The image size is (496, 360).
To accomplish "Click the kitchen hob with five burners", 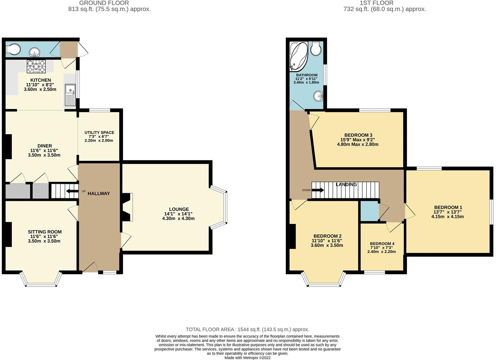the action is pyautogui.click(x=36, y=66).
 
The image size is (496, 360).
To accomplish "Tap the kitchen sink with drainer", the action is pyautogui.click(x=70, y=95).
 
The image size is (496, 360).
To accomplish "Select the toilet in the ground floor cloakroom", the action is pyautogui.click(x=13, y=49).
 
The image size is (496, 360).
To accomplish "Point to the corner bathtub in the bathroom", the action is pyautogui.click(x=299, y=56).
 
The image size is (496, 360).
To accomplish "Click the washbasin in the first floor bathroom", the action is pyautogui.click(x=318, y=96).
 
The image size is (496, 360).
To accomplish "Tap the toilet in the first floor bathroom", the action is pyautogui.click(x=316, y=48).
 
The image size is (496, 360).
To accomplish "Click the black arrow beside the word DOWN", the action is pyautogui.click(x=318, y=190).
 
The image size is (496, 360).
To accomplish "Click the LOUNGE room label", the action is pyautogui.click(x=179, y=209).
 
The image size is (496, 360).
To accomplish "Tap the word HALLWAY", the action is pyautogui.click(x=99, y=193).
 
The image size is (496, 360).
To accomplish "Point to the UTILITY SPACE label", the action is pyautogui.click(x=99, y=133).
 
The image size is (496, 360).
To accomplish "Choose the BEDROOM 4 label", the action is pyautogui.click(x=382, y=244).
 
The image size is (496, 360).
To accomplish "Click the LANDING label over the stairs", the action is pyautogui.click(x=346, y=184).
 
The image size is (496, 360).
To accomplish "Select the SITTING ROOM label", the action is pyautogui.click(x=45, y=232).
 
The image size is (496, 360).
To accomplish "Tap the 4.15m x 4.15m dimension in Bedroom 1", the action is pyautogui.click(x=448, y=217).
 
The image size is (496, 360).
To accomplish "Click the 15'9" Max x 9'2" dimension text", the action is pyautogui.click(x=357, y=140).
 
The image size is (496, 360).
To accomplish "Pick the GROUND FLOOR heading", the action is pyautogui.click(x=104, y=3).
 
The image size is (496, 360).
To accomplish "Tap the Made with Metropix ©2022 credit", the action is pyautogui.click(x=247, y=358).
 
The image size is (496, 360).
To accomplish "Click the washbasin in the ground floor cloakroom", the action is pyautogui.click(x=34, y=52).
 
